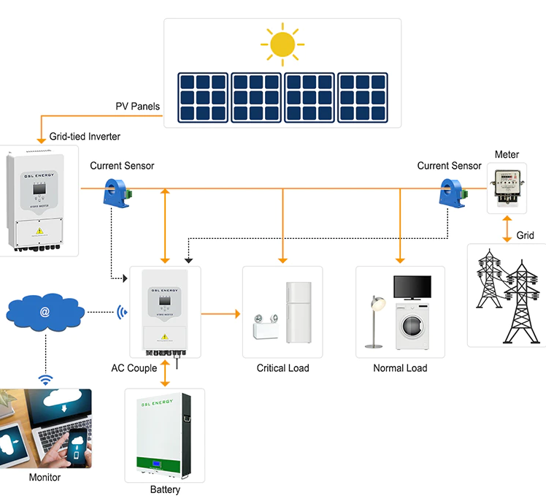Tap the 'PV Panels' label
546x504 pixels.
(137, 107)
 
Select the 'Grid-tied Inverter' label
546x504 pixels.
(85, 137)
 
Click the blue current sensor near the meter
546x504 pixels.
(450, 194)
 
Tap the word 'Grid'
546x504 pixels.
(525, 235)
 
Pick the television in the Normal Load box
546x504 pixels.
(412, 286)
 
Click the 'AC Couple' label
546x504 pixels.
(134, 368)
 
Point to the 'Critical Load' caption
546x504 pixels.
(282, 368)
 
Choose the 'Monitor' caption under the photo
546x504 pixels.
(45, 478)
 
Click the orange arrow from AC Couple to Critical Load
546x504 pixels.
(220, 314)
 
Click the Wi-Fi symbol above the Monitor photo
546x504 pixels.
(45, 379)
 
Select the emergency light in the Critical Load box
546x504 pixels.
(264, 328)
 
